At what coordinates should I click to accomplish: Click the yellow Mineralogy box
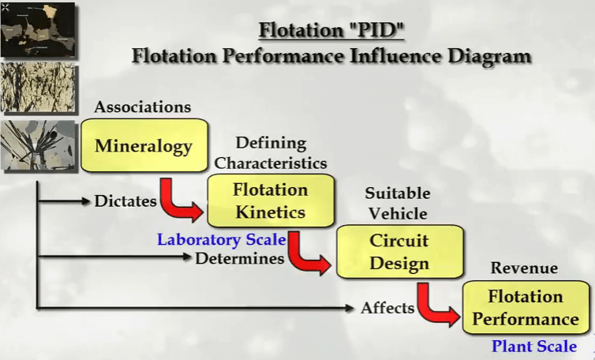pyautogui.click(x=144, y=145)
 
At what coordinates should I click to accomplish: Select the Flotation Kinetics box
pyautogui.click(x=271, y=201)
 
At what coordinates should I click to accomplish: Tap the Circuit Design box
pyautogui.click(x=400, y=251)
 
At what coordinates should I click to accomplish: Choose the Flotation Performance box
pyautogui.click(x=526, y=308)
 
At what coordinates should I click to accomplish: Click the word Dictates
pyautogui.click(x=125, y=201)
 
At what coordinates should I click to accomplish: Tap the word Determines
pyautogui.click(x=240, y=258)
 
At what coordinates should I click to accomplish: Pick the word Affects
pyautogui.click(x=387, y=308)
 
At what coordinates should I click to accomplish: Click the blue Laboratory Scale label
pyautogui.click(x=222, y=240)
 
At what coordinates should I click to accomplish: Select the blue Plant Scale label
pyautogui.click(x=534, y=346)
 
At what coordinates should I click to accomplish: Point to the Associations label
pyautogui.click(x=143, y=107)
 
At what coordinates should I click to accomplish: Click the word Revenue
pyautogui.click(x=524, y=268)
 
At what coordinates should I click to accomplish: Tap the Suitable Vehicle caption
pyautogui.click(x=398, y=203)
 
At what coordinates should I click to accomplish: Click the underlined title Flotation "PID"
pyautogui.click(x=331, y=30)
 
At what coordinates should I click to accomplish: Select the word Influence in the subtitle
pyautogui.click(x=395, y=56)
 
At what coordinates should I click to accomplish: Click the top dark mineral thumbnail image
pyautogui.click(x=38, y=30)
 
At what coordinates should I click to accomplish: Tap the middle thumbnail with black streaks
pyautogui.click(x=38, y=88)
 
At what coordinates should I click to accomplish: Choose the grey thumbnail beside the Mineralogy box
pyautogui.click(x=38, y=144)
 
